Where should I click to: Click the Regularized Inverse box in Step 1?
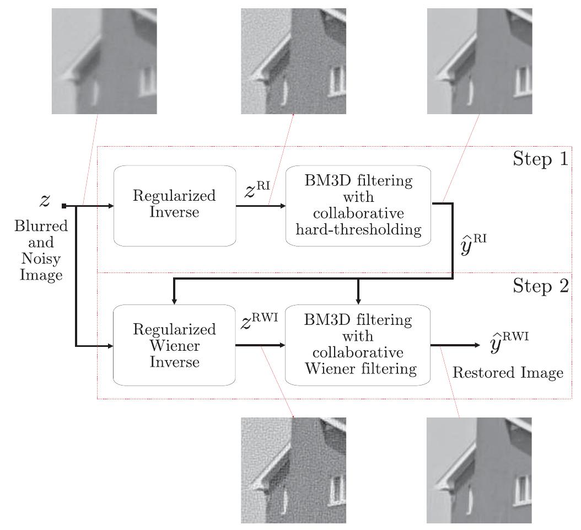click(174, 205)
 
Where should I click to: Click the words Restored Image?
click(508, 373)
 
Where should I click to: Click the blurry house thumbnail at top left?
click(104, 61)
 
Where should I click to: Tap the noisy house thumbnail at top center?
click(293, 61)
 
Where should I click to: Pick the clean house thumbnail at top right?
click(479, 61)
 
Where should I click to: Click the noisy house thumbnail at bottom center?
click(293, 470)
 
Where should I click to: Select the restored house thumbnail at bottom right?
click(479, 470)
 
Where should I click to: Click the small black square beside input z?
click(64, 206)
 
